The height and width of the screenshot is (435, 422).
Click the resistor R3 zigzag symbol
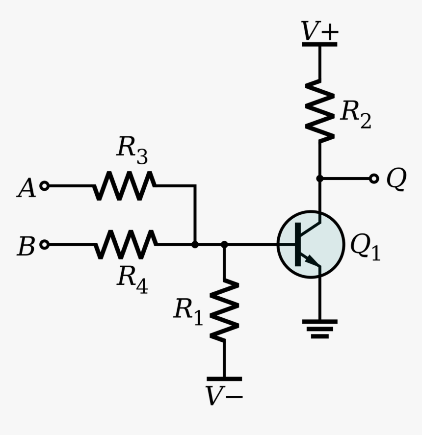[x=125, y=186]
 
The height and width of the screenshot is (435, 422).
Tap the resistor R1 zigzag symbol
[x=224, y=310]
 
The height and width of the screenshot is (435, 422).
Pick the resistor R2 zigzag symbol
[x=319, y=112]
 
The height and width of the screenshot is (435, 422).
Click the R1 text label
[x=188, y=311]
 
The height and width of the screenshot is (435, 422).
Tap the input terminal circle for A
[x=44, y=186]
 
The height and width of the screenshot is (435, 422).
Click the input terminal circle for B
[x=44, y=244]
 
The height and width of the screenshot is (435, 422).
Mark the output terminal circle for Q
[x=374, y=179]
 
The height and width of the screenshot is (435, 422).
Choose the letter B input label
[x=26, y=247]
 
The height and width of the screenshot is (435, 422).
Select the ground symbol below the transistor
[x=319, y=329]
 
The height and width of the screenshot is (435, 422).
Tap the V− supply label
[x=224, y=396]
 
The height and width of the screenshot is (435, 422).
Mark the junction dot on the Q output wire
[x=319, y=179]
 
